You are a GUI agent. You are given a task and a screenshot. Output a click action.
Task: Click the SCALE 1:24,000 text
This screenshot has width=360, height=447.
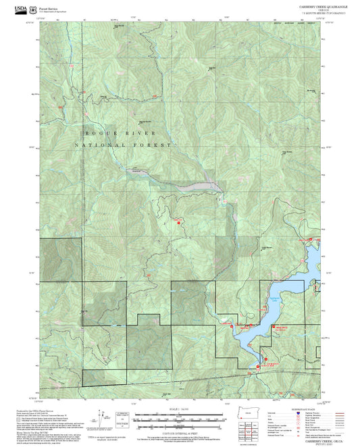[x=179, y=409]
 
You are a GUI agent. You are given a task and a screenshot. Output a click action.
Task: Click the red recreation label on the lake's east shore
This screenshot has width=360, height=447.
[x=282, y=327]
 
